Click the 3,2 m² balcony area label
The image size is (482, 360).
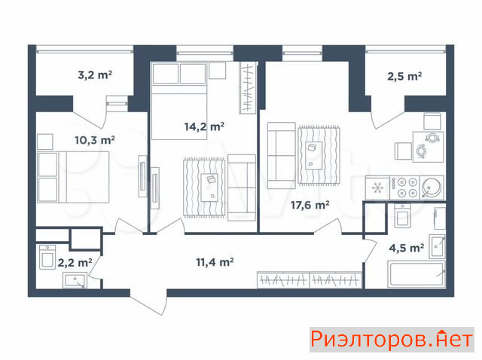click(x=95, y=75)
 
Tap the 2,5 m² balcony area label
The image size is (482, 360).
click(x=404, y=76)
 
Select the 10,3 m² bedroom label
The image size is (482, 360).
click(x=95, y=140)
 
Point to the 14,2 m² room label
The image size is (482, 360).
click(x=204, y=127)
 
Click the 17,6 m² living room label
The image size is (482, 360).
click(x=310, y=205)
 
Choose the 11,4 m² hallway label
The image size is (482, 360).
click(x=215, y=262)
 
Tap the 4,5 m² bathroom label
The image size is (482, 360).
click(x=407, y=248)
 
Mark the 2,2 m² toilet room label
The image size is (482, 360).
click(x=75, y=263)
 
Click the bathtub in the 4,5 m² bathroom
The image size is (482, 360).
click(x=416, y=274)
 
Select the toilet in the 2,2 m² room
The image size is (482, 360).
click(x=47, y=257)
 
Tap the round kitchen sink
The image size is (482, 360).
click(x=432, y=188)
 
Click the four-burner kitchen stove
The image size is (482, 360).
click(x=405, y=188)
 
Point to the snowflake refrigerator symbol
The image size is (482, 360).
click(x=377, y=188)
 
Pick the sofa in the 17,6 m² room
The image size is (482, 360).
click(x=281, y=155)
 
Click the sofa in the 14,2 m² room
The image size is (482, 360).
click(x=242, y=188)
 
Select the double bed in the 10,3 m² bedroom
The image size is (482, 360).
click(x=73, y=177)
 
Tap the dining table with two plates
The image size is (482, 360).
click(x=428, y=147)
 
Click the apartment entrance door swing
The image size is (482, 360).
click(x=149, y=302)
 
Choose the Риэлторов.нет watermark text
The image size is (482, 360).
click(x=392, y=340)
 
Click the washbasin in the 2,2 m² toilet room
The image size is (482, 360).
click(x=75, y=280)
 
